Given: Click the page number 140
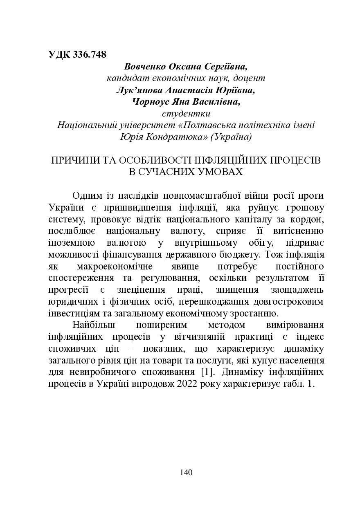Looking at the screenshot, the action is coord(186,473).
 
